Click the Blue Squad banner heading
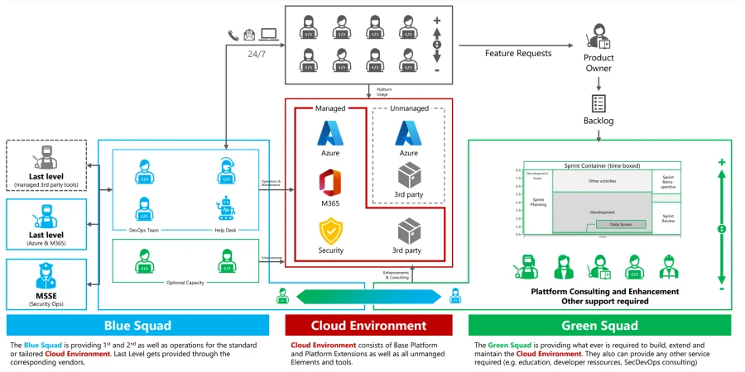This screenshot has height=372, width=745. coord(137,325)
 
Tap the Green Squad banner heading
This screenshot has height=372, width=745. coord(599,325)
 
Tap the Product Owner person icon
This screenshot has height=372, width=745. coord(597,38)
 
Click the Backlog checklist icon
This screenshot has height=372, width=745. coord(598,103)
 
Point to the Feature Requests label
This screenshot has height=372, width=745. coord(517,53)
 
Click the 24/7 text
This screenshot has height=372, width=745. coord(257,54)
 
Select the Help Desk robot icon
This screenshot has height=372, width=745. coord(225,207)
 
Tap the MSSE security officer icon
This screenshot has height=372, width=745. coord(44,274)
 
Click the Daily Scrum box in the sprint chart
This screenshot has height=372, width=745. coord(613,224)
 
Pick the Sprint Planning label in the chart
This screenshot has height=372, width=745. coord(538,202)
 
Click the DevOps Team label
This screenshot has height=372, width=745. coord(145,229)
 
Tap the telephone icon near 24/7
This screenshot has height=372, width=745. coord(233,35)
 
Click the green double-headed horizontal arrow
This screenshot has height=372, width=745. coord(368,296)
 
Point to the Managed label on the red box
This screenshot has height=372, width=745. coord(330,107)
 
